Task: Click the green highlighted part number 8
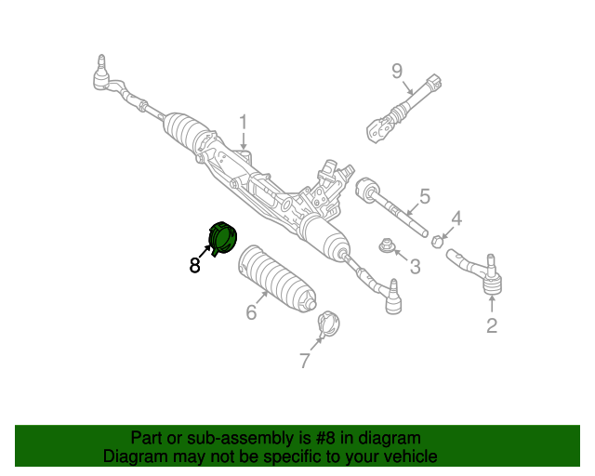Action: tap(223, 238)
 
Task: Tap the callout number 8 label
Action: tap(194, 265)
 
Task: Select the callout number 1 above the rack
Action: tap(244, 122)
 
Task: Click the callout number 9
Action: tap(397, 71)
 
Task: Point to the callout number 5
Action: tap(425, 196)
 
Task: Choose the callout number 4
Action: tap(456, 218)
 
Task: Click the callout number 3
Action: tap(416, 267)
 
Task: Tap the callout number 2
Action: tap(492, 325)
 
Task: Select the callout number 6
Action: tap(251, 312)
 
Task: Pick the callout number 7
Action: tap(305, 360)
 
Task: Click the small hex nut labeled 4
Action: tap(437, 241)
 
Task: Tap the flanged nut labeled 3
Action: tap(386, 245)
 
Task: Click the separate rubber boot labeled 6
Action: tap(277, 279)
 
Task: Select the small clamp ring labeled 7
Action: tap(328, 324)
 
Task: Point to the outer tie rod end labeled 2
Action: tap(476, 272)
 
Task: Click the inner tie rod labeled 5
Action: tap(392, 207)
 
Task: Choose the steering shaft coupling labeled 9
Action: tap(403, 109)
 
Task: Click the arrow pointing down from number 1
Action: tap(244, 140)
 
